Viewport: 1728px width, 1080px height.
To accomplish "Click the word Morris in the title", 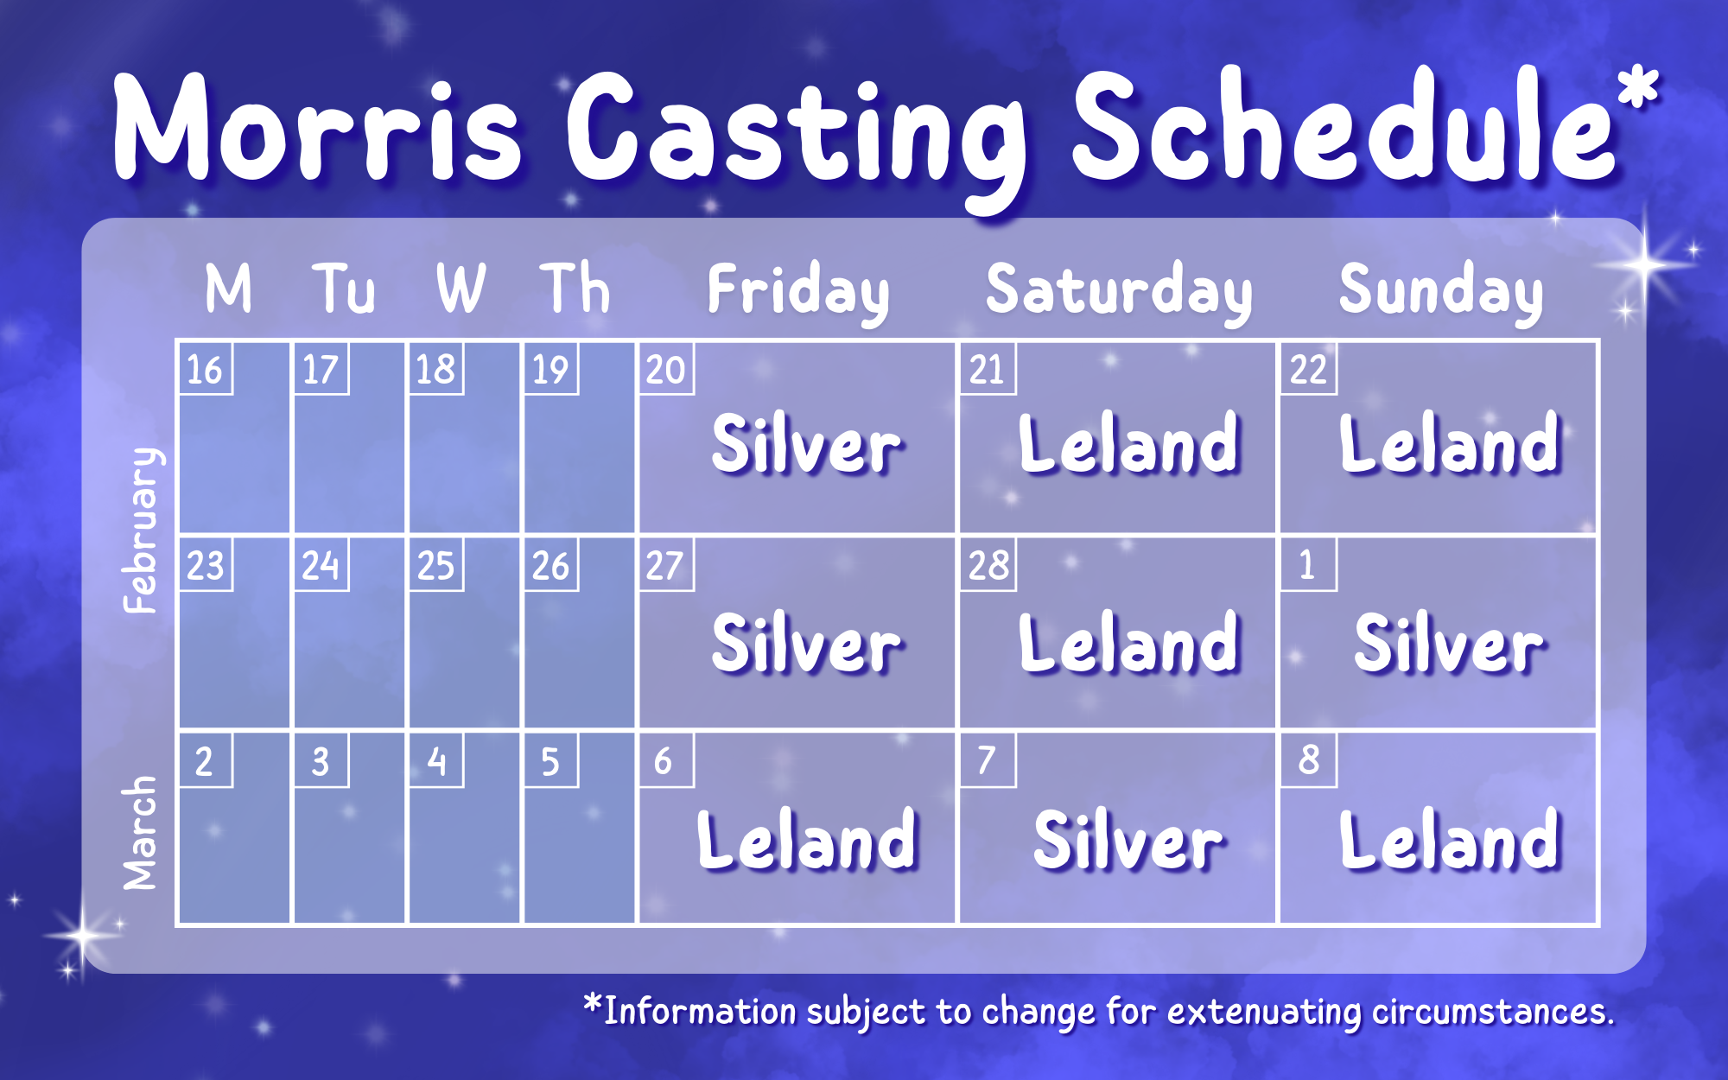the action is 317,128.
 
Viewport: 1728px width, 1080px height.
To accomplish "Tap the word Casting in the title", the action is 796,138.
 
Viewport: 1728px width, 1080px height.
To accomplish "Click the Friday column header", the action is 798,292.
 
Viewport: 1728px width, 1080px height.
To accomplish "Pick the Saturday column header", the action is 1119,292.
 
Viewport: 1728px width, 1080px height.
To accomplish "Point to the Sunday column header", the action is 1441,292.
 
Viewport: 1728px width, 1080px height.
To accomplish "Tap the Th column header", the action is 575,288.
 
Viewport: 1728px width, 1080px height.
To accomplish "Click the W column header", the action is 461,288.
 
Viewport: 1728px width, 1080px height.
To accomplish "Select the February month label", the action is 141,530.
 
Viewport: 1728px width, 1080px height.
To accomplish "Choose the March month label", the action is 140,833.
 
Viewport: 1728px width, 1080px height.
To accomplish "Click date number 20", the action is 665,370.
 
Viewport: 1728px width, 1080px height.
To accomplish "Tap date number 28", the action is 988,566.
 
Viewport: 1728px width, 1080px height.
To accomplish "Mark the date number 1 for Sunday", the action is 1306,565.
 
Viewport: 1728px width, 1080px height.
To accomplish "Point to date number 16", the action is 205,370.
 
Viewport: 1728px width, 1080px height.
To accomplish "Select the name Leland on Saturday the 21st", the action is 1129,443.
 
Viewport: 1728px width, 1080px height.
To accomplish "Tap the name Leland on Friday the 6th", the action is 807,839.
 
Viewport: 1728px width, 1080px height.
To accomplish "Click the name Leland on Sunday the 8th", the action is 1451,839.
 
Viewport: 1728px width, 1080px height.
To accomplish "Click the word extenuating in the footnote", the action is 1265,1012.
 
